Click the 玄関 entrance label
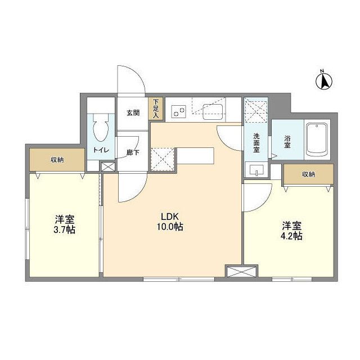coord(132,112)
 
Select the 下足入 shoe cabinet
coord(155,109)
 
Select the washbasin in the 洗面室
coord(256,169)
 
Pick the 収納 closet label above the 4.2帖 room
coord(308,174)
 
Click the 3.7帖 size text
coord(66,230)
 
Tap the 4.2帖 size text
coord(292,236)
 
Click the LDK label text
coord(170,217)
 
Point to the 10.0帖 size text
coord(170,227)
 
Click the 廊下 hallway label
coord(133,152)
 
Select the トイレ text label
coord(101,150)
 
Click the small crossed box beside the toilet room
coord(107,167)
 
